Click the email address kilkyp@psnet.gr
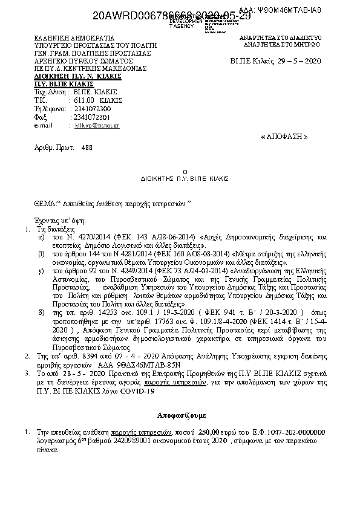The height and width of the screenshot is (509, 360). (x=97, y=125)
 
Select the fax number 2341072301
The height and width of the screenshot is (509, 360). (x=91, y=117)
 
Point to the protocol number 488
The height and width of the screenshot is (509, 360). (x=87, y=147)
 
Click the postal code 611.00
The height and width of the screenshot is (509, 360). (x=84, y=100)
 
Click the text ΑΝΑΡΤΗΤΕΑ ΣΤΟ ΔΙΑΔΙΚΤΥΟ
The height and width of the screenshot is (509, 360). (x=280, y=37)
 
